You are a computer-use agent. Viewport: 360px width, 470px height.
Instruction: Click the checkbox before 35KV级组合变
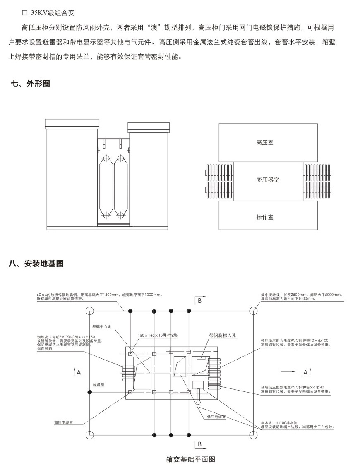(x=24, y=13)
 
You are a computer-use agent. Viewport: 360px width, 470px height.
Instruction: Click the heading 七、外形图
(x=30, y=84)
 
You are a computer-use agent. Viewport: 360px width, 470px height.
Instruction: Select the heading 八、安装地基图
(x=36, y=264)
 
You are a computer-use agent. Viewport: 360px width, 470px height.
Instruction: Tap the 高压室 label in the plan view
(x=265, y=143)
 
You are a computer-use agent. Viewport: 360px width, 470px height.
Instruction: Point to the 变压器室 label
(x=268, y=180)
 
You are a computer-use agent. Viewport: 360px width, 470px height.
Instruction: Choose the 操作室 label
(x=265, y=217)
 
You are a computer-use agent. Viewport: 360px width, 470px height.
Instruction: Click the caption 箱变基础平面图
(x=191, y=459)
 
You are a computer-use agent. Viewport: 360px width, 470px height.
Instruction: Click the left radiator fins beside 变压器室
(x=219, y=181)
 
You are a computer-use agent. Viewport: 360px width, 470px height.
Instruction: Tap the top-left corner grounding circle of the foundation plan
(x=89, y=310)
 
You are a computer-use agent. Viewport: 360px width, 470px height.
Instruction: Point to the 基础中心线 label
(x=102, y=326)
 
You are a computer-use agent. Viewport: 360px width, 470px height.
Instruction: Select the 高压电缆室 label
(x=63, y=423)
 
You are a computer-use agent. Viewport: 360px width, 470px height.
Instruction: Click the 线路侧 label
(x=98, y=384)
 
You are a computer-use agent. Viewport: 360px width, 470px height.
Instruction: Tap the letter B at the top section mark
(x=199, y=301)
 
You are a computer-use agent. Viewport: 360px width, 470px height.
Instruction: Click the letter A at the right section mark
(x=305, y=372)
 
